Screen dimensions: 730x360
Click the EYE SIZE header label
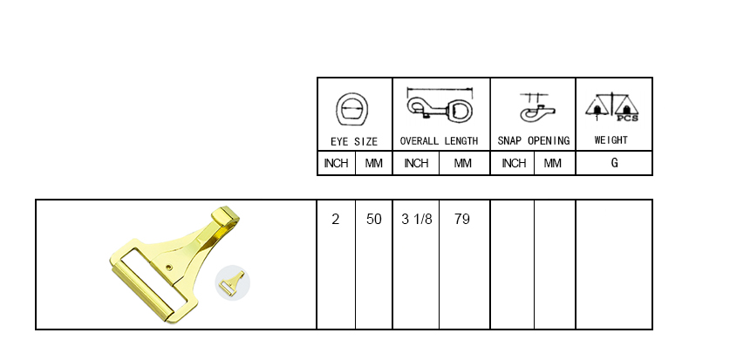354,141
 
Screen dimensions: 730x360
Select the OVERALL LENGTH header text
439,141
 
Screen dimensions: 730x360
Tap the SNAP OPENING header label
534,141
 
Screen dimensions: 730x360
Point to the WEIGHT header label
611,140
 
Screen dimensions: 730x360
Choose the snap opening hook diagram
536,108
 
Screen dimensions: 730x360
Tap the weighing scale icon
611,107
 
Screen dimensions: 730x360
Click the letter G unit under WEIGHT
614,163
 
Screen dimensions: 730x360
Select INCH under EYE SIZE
336,163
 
